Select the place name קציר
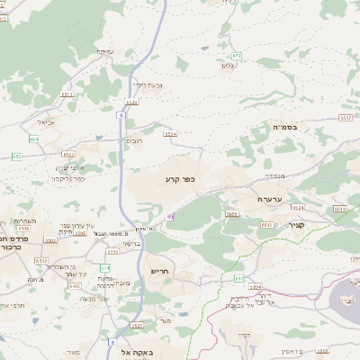[296, 225]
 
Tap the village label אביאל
[46, 122]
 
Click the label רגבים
[134, 140]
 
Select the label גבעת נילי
[146, 85]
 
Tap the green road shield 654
[34, 139]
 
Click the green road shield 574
[105, 267]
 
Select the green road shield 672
[236, 56]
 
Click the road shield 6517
[345, 118]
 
